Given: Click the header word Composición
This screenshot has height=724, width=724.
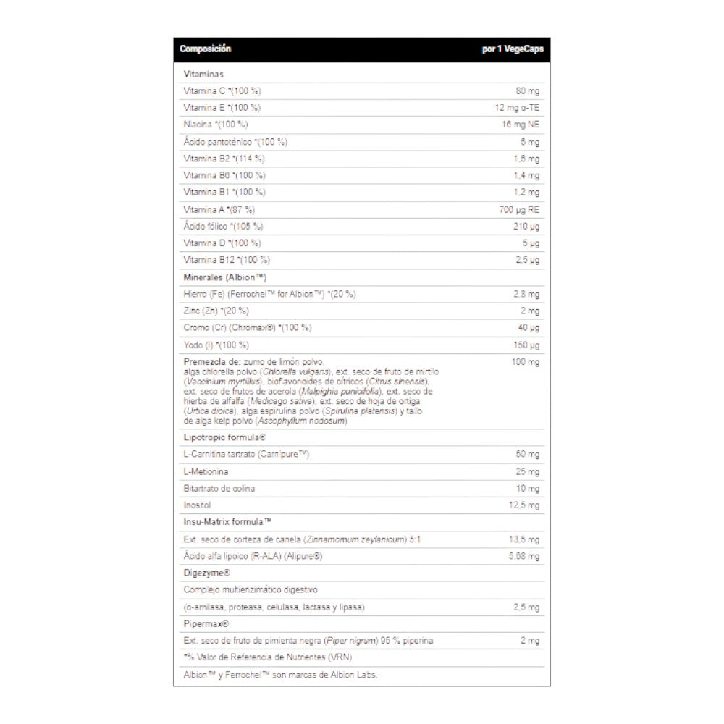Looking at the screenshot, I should pyautogui.click(x=205, y=49).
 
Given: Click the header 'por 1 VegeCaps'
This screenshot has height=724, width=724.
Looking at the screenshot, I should pyautogui.click(x=512, y=49).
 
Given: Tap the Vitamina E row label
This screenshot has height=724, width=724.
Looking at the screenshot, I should pyautogui.click(x=222, y=108).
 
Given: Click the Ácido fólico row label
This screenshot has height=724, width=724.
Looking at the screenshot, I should pyautogui.click(x=223, y=226).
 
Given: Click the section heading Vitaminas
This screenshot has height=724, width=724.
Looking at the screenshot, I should pyautogui.click(x=203, y=74).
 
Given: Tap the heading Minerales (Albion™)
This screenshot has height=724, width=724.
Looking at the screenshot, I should pyautogui.click(x=226, y=277).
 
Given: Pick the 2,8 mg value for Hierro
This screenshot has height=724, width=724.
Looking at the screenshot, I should pyautogui.click(x=526, y=294).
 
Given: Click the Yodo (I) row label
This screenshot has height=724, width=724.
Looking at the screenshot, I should pyautogui.click(x=216, y=345).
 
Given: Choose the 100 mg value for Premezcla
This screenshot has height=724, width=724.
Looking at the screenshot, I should pyautogui.click(x=526, y=362).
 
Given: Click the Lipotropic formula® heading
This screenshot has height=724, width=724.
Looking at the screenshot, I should pyautogui.click(x=225, y=437).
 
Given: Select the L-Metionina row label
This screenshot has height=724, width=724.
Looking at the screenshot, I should pyautogui.click(x=206, y=472).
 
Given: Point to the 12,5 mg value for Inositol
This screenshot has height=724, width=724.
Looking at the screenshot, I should pyautogui.click(x=524, y=505).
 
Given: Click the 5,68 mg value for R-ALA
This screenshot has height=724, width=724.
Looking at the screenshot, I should pyautogui.click(x=523, y=556).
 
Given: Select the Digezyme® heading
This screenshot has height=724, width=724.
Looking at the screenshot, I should pyautogui.click(x=207, y=573).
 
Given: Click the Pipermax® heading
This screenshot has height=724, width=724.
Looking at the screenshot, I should pyautogui.click(x=206, y=623).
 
